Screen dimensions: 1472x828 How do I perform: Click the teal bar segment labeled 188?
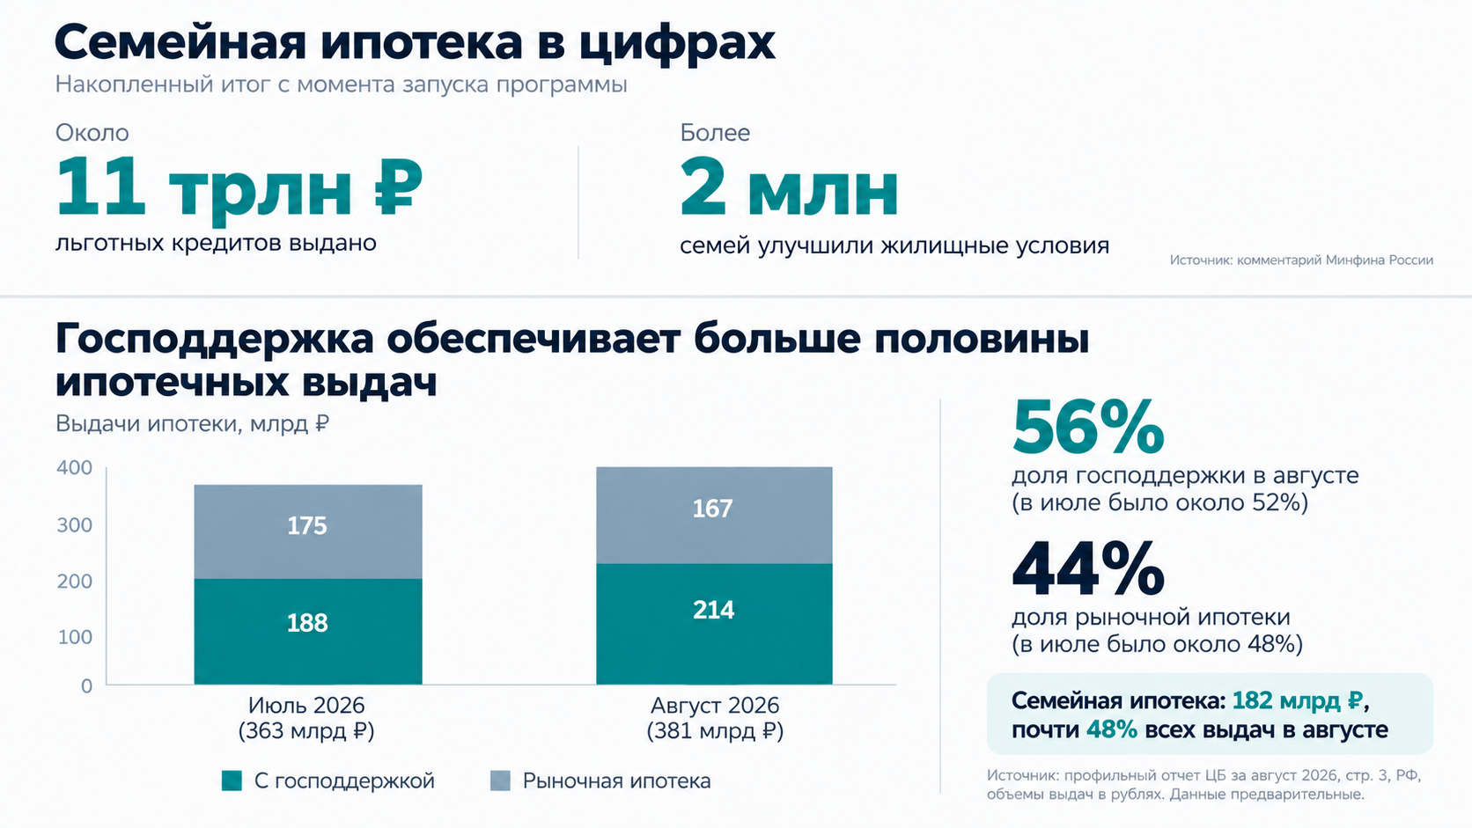click(307, 631)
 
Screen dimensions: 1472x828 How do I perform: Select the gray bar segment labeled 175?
click(307, 531)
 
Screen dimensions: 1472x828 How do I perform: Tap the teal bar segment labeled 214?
click(714, 624)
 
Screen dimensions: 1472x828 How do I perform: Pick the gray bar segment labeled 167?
click(714, 515)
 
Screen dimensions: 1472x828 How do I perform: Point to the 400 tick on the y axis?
click(74, 467)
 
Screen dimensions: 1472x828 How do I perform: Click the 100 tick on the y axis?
click(75, 637)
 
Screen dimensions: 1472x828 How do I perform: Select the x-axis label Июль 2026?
click(306, 705)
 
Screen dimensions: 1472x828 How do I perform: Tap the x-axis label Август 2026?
click(715, 705)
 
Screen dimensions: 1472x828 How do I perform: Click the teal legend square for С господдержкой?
click(232, 780)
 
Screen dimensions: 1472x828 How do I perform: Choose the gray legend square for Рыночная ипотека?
click(501, 780)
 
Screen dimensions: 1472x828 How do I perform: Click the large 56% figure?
click(1088, 428)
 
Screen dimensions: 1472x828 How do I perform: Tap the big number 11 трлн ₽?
click(239, 187)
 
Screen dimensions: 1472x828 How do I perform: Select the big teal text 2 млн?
click(789, 187)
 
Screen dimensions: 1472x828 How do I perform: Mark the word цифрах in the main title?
click(678, 43)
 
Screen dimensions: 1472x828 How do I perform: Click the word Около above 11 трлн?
click(92, 133)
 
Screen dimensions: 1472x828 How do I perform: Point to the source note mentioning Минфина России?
click(1301, 260)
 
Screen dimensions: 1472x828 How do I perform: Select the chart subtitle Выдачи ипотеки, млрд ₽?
click(192, 423)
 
